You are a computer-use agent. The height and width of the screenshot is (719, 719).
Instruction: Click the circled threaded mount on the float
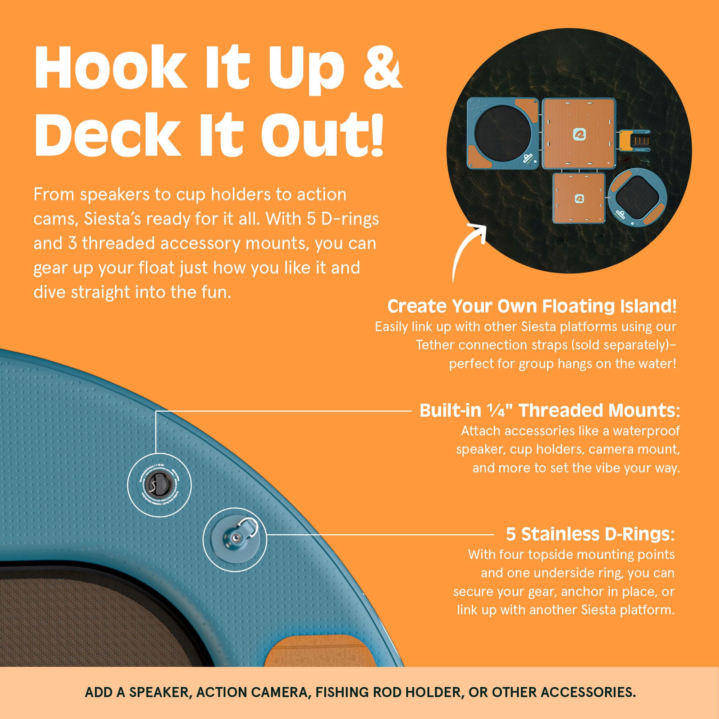click(x=159, y=485)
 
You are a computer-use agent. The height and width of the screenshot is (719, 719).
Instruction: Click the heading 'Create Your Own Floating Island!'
click(x=532, y=306)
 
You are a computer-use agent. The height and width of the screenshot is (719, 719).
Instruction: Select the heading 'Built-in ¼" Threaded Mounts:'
click(x=550, y=411)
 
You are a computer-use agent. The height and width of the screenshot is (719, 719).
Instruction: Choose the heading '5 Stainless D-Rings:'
click(x=590, y=535)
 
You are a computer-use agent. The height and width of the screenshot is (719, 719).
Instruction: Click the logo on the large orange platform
click(x=580, y=134)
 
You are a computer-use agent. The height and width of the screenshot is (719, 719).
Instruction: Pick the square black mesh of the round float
click(x=637, y=198)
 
